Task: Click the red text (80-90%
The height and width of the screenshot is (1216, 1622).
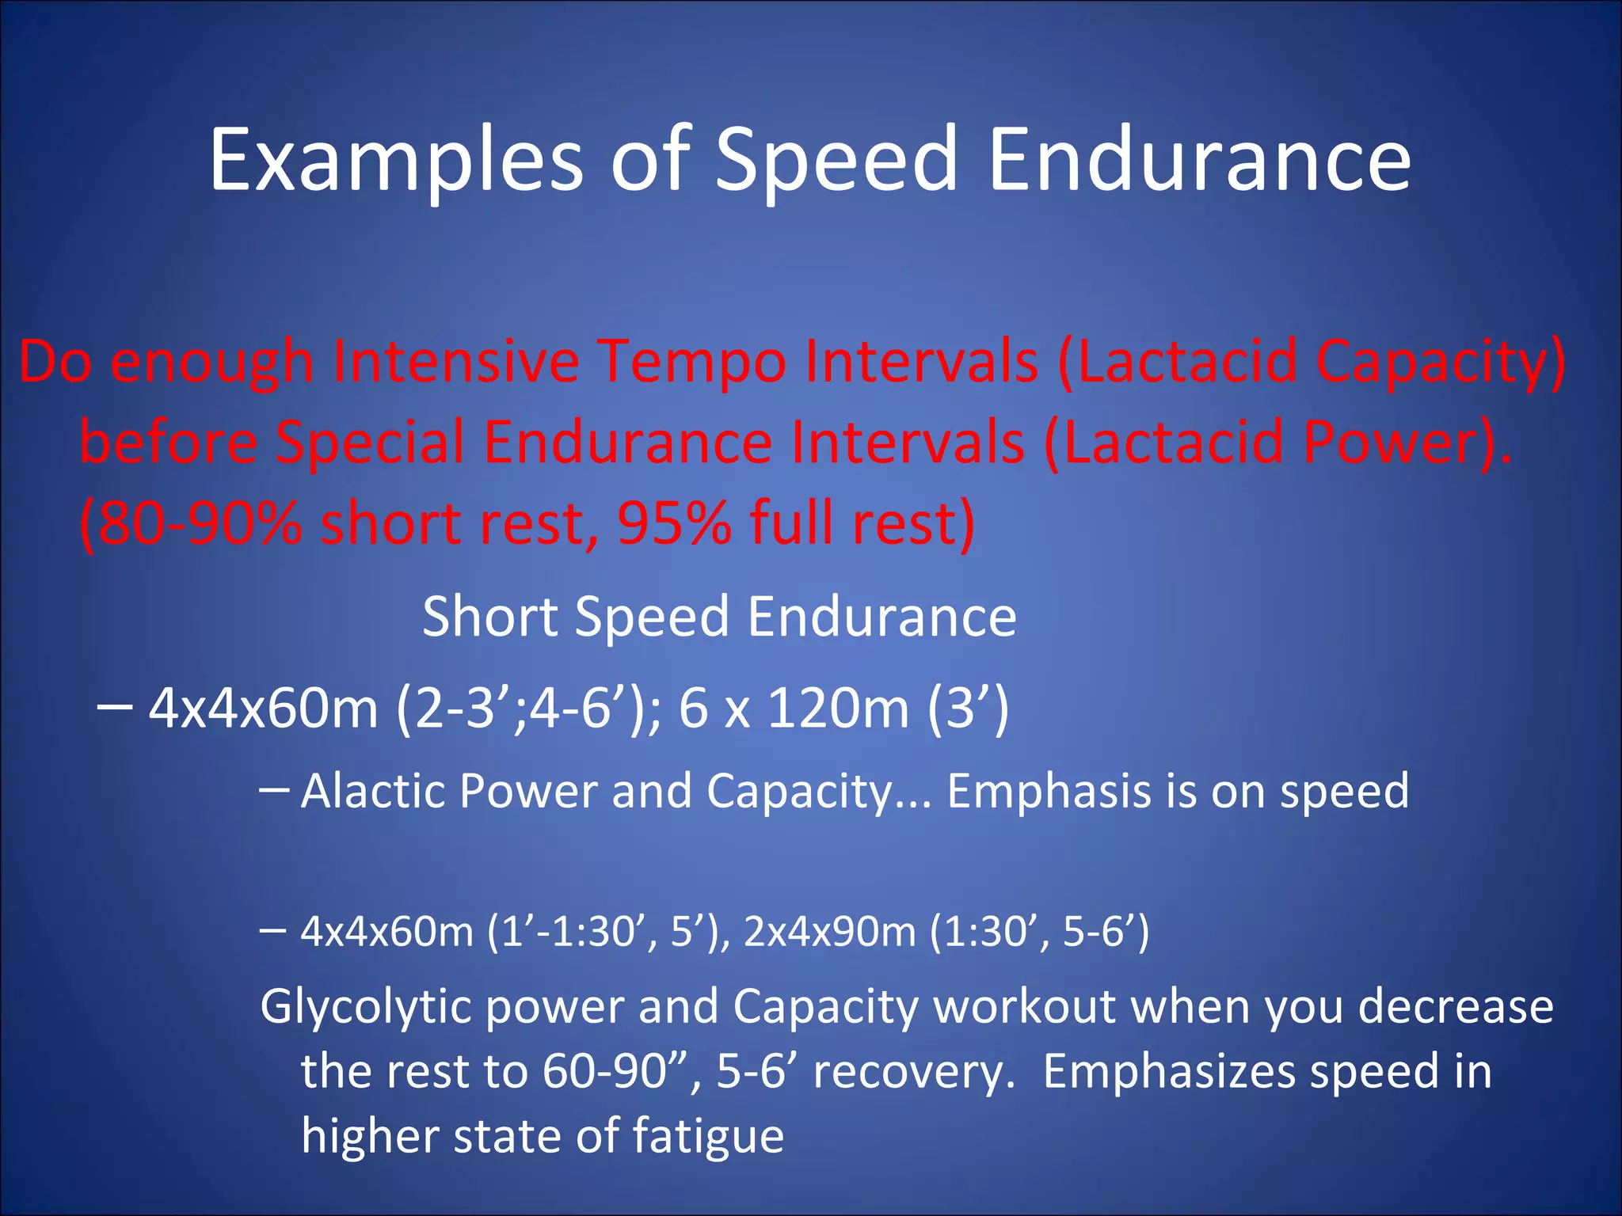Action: click(190, 523)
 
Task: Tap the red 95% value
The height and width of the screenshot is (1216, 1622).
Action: click(674, 523)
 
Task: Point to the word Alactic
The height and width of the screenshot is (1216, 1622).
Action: click(371, 791)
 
